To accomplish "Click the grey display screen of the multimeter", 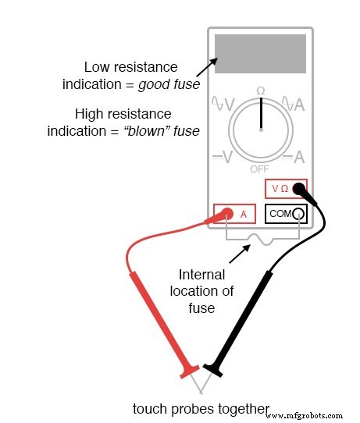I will coord(260,54).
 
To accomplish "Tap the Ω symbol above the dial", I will coord(260,91).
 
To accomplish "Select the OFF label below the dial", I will coord(260,169).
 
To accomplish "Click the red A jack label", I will coord(244,213).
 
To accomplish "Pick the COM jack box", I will coord(284,213).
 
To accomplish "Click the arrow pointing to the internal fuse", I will coord(236,254).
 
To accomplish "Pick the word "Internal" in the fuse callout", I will coord(201,275).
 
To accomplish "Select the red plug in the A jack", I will coord(226,213).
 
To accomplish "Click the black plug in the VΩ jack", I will coord(298,188).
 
